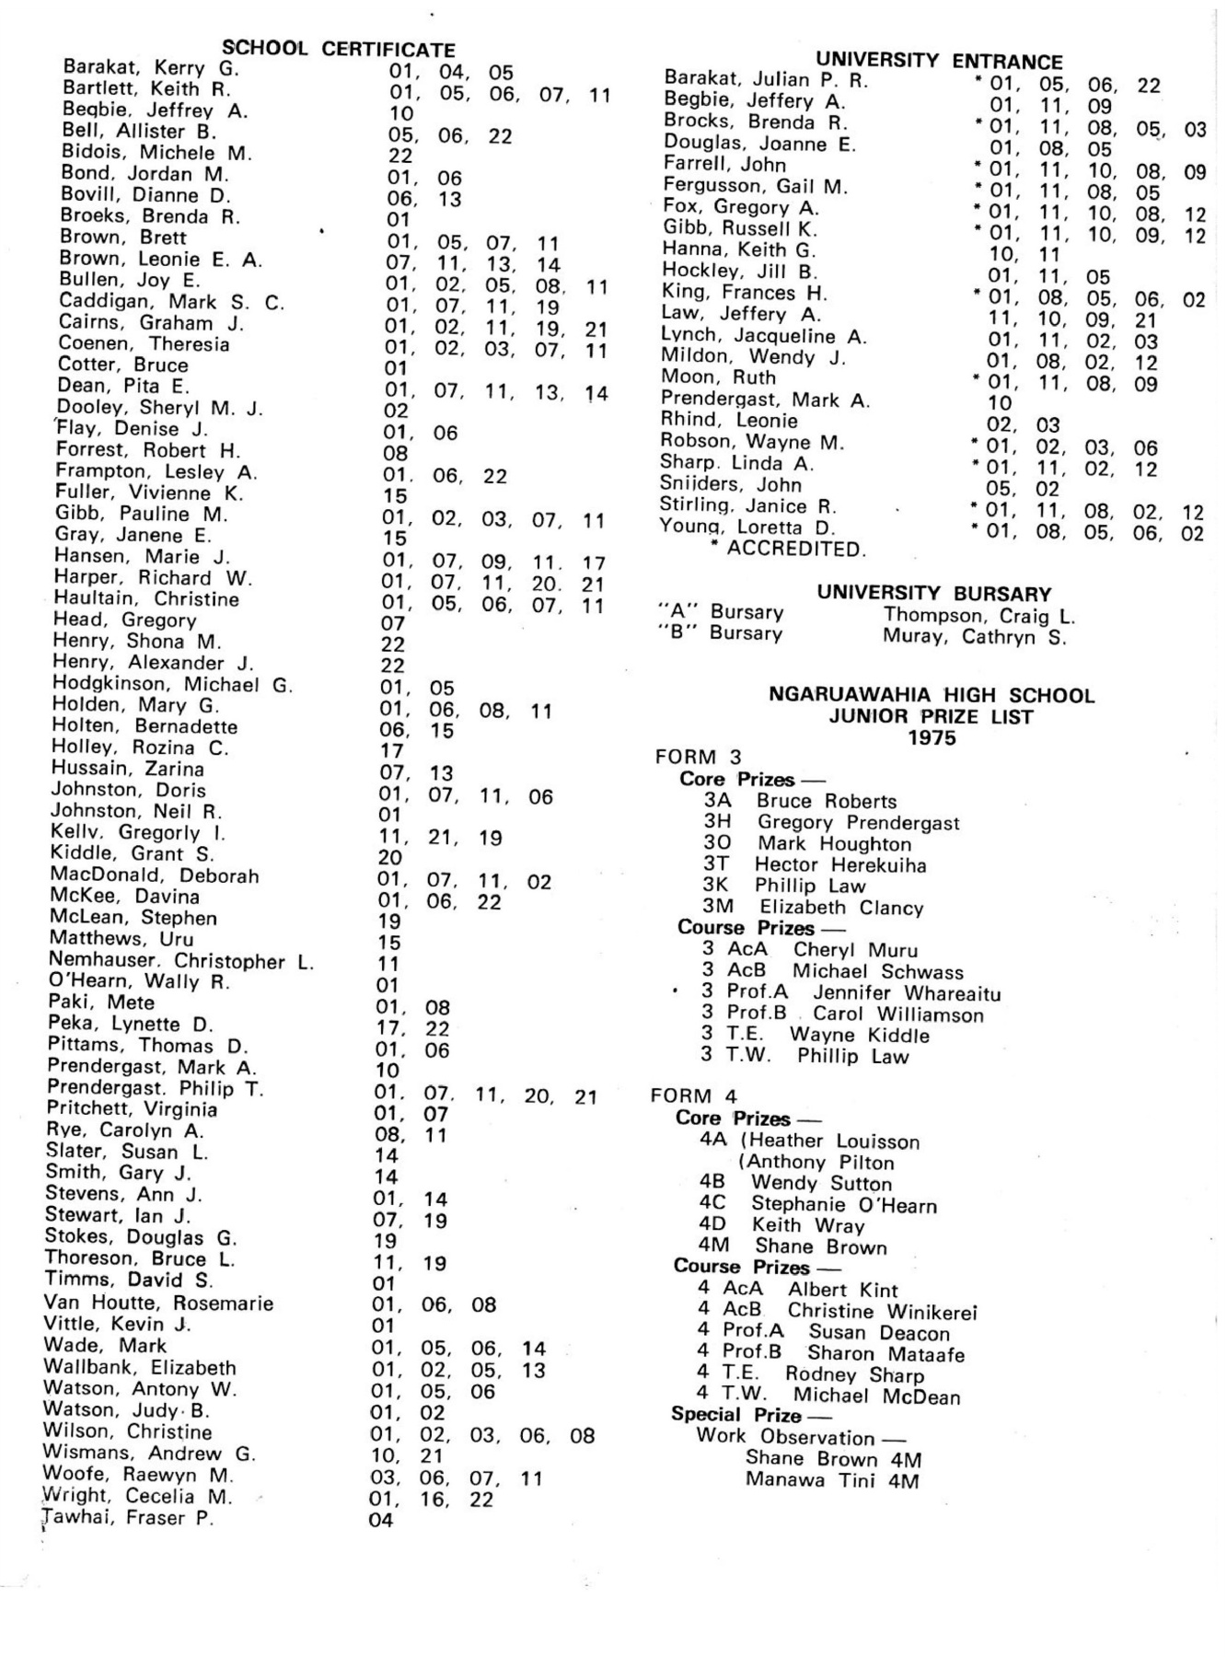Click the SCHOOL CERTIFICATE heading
coord(339,49)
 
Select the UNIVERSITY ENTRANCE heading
coord(939,62)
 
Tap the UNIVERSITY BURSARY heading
coord(933,593)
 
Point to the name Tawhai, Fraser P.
coord(128,1518)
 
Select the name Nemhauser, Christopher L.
coord(181,961)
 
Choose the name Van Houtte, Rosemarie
coord(158,1304)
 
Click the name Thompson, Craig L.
coord(979,615)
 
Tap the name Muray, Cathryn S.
coord(974,636)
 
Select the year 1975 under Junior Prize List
coord(932,738)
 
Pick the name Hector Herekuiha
coord(840,865)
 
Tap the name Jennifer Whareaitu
coord(906,993)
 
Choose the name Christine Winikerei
coord(882,1312)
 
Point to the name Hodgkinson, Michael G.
coord(172,684)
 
